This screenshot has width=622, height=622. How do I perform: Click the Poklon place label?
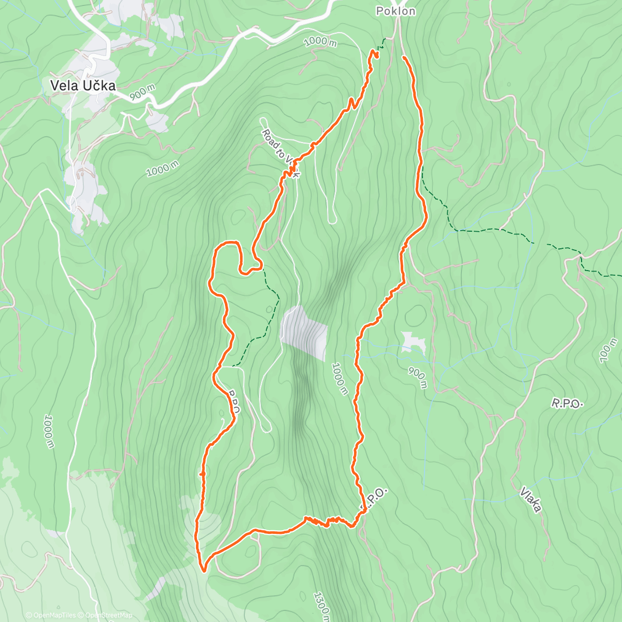(395, 11)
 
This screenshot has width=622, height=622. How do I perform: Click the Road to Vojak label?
(279, 153)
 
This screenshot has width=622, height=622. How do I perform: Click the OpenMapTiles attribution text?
(54, 615)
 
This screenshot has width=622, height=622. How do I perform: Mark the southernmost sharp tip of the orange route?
(204, 571)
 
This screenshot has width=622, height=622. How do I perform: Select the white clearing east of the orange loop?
(414, 342)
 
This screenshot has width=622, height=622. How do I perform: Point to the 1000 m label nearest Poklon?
(320, 41)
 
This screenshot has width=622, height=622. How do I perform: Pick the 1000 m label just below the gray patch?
(340, 378)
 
